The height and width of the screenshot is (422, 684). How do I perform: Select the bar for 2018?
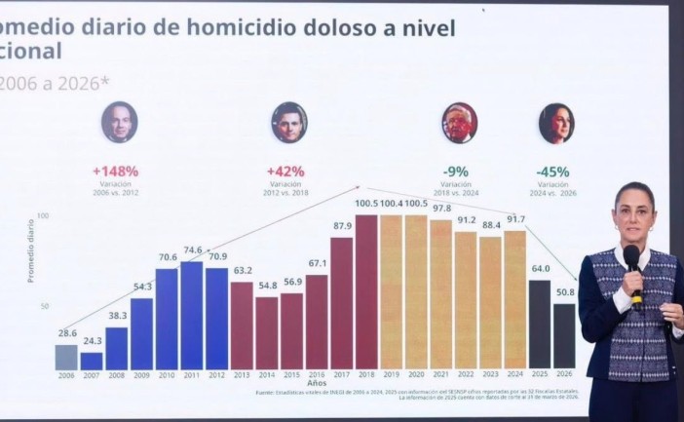tap(366, 292)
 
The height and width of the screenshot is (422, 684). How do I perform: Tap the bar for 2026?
tap(565, 336)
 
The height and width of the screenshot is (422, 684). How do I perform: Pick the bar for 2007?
tap(92, 361)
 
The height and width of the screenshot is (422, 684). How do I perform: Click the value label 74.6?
tap(192, 250)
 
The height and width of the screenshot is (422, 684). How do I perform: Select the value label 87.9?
tap(342, 226)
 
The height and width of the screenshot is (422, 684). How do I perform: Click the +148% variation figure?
tap(116, 171)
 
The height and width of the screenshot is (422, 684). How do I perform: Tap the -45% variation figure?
tap(552, 172)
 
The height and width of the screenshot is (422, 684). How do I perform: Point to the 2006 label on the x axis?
tap(65, 375)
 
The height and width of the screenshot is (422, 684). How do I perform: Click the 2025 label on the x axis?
tap(540, 375)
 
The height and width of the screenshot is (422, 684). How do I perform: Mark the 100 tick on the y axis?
tap(43, 215)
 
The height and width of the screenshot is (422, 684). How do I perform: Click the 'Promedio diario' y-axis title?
tap(30, 250)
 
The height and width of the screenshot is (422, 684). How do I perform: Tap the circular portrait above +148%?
tap(119, 122)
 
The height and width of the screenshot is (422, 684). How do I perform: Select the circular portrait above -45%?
tap(556, 124)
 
